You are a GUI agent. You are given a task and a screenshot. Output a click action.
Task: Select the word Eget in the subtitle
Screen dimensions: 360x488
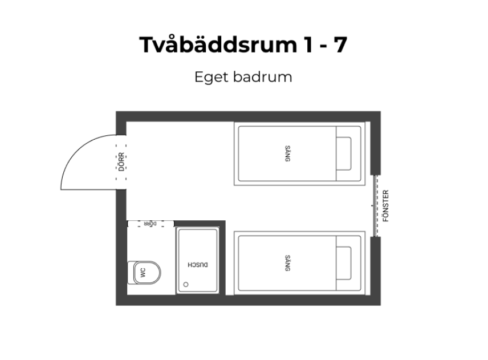tap(211, 78)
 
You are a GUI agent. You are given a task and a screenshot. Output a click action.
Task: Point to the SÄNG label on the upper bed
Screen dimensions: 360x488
tap(287, 154)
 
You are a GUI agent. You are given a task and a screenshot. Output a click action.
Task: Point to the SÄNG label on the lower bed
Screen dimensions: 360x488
tap(287, 263)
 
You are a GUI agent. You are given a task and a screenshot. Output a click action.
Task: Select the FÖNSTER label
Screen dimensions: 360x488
tap(386, 205)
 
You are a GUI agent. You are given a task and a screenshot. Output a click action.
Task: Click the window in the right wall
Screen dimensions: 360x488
tap(375, 205)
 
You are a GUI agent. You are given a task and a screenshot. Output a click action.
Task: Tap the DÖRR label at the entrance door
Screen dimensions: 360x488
tap(121, 162)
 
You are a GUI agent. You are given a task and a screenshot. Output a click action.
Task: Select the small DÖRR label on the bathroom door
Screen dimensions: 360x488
tap(151, 224)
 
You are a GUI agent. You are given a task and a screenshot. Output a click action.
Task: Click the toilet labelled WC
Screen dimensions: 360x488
tap(145, 273)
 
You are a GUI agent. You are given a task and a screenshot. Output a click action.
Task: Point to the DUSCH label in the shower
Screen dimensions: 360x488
tap(198, 265)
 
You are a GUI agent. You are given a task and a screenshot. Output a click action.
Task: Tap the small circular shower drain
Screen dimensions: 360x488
tap(185, 284)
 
